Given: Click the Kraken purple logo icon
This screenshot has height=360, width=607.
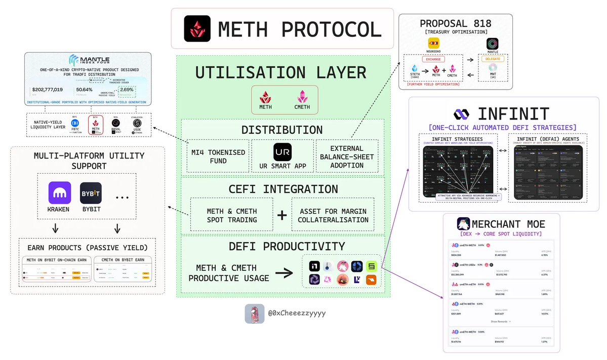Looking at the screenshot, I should [x=59, y=193].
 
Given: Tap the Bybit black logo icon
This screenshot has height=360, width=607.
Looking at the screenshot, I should [x=91, y=193].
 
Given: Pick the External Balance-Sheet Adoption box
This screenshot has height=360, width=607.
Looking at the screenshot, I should [x=347, y=156].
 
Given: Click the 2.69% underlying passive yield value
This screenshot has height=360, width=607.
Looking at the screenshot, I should [x=126, y=89].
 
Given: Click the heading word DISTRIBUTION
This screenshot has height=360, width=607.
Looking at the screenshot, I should [x=282, y=130].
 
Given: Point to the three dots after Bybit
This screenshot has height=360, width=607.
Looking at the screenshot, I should [x=122, y=193].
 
